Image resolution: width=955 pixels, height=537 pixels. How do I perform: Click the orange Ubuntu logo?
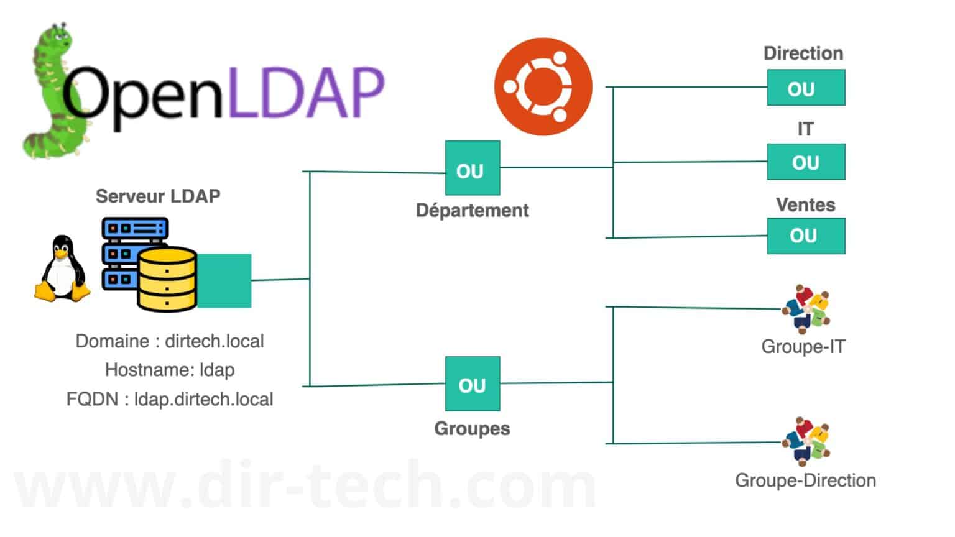tap(543, 86)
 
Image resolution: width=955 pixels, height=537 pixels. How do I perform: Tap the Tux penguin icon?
tap(62, 268)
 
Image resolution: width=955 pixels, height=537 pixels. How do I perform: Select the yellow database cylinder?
tap(167, 279)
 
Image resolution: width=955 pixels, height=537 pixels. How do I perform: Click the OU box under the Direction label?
tap(806, 88)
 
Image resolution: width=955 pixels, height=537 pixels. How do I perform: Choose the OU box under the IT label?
tap(806, 162)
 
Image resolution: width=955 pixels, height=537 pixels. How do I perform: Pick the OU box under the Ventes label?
tap(806, 236)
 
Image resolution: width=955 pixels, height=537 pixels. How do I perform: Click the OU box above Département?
tap(473, 168)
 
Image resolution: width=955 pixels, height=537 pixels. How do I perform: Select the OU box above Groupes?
tap(473, 383)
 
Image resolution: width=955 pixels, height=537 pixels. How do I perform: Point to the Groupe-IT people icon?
tap(806, 309)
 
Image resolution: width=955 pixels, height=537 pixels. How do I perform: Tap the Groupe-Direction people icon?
tap(806, 441)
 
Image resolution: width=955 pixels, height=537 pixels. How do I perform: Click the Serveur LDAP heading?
tap(158, 196)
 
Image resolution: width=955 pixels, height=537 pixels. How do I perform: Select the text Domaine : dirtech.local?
tap(170, 341)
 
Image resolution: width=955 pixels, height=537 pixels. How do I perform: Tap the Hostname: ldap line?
tap(170, 370)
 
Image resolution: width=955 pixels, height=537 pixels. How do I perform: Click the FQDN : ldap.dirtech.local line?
tap(170, 400)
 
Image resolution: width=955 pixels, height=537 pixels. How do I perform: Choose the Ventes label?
tap(805, 205)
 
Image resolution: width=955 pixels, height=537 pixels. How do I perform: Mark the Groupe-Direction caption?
tap(805, 480)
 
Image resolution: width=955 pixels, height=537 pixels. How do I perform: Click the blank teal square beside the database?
tap(224, 281)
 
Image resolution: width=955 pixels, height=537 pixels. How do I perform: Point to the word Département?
tap(473, 211)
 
